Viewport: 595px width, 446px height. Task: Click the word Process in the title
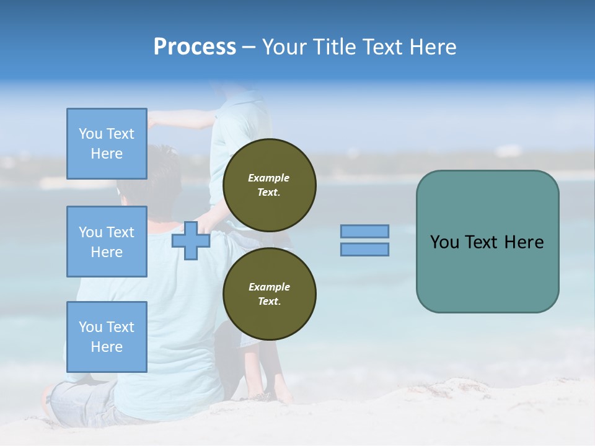coord(195,47)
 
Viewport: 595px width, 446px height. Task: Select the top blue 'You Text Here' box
coord(107,144)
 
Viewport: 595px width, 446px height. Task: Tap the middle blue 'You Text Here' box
coord(107,242)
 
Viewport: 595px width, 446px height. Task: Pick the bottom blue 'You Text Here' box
coord(107,336)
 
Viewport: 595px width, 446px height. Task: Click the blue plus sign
coord(190,240)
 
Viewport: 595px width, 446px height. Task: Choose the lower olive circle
coord(269,294)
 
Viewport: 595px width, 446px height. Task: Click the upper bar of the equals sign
coord(364,231)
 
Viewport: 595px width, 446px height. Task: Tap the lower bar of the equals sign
coord(364,249)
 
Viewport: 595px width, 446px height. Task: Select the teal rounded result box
coord(487,241)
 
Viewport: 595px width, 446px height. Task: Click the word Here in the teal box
coord(524,242)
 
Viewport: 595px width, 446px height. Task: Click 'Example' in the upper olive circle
coord(269,178)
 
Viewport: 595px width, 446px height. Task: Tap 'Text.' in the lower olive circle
coord(269,301)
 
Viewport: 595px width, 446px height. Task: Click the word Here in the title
coord(434,47)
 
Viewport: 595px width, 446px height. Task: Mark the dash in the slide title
coord(249,48)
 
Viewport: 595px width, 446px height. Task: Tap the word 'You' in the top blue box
coord(90,134)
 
